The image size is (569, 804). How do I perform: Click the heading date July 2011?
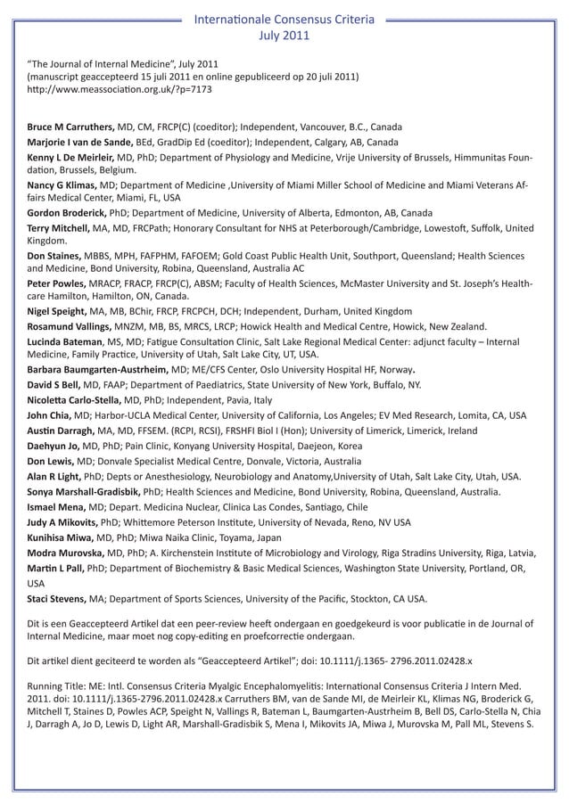284,36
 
